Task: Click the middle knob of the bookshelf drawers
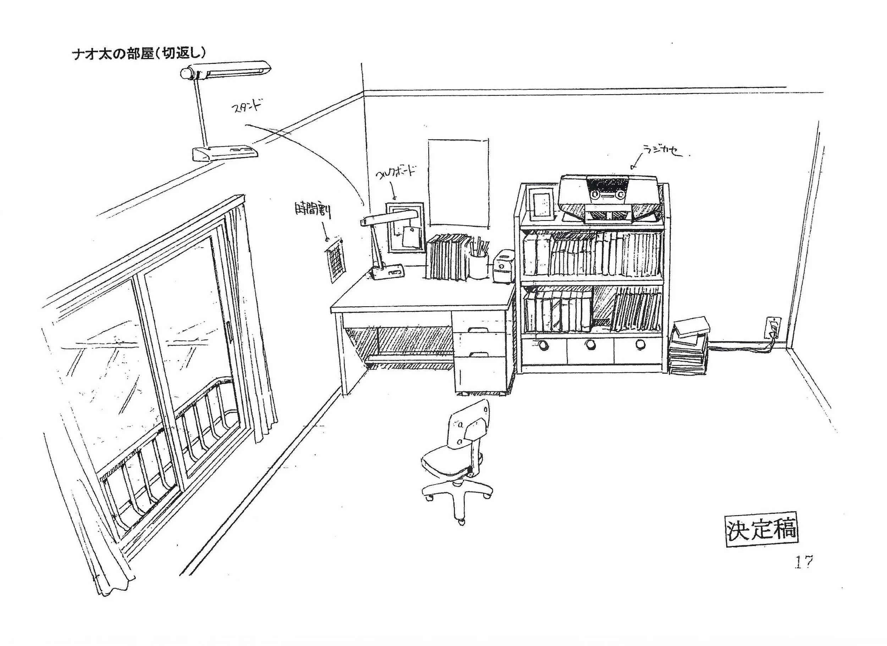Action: tap(590, 345)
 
